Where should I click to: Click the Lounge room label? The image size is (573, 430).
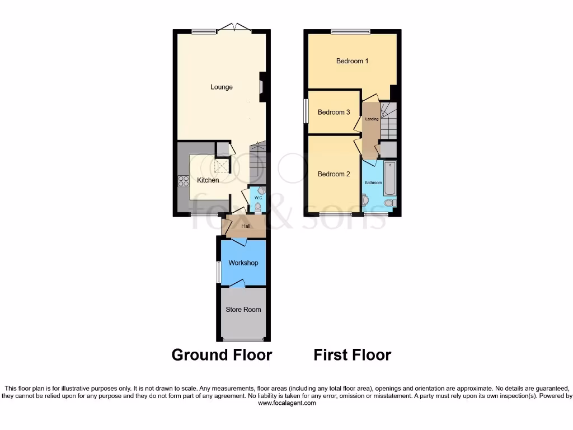pos(222,87)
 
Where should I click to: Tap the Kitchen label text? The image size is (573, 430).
pos(208,180)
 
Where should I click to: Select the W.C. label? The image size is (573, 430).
pos(259,198)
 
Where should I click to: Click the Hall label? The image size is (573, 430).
pos(246,226)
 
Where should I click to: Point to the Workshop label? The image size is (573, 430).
pos(243,263)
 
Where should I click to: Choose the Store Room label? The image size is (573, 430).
pos(243,309)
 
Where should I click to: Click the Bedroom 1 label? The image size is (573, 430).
pos(352,61)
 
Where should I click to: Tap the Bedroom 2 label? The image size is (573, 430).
pos(334,174)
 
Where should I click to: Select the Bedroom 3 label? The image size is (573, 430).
pos(334,112)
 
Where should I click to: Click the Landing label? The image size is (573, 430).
pos(372,119)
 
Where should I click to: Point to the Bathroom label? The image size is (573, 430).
pos(373,183)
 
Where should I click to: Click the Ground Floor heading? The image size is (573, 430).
pos(222,355)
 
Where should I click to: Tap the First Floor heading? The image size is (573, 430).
pos(352,355)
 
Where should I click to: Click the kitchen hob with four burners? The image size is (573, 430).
pos(184,181)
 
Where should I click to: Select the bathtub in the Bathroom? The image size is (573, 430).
pos(390,177)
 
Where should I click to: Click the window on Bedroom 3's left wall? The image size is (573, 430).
pos(306,111)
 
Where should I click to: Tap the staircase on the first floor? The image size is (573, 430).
pos(388,120)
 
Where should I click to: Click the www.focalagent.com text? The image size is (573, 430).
pos(286,403)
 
